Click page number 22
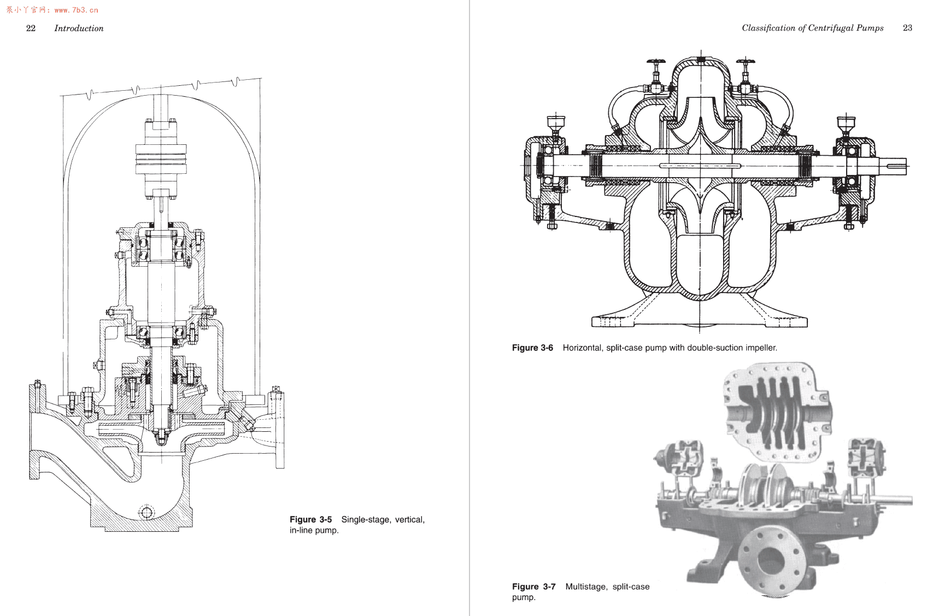(31, 28)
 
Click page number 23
(907, 28)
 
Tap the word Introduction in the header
(79, 28)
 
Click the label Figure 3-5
(310, 519)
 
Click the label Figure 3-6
(532, 348)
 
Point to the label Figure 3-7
(533, 586)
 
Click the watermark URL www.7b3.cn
(77, 10)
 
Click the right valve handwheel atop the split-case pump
(744, 62)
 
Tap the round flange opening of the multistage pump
(771, 560)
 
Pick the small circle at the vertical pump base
(146, 512)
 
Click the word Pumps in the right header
(870, 28)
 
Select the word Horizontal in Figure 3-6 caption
(582, 348)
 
